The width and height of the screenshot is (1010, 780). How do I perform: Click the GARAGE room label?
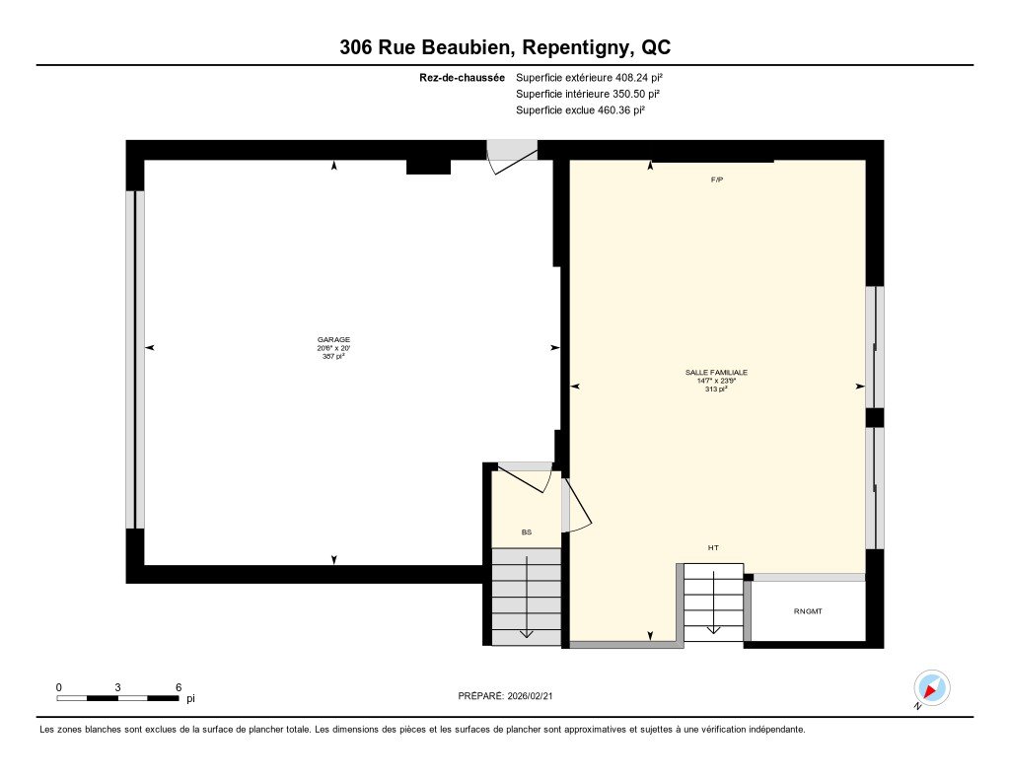click(x=333, y=339)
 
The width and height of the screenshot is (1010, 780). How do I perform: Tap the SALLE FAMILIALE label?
click(x=716, y=372)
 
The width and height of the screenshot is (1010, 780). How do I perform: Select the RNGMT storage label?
click(x=808, y=611)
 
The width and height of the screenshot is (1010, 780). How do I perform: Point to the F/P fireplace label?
click(x=717, y=180)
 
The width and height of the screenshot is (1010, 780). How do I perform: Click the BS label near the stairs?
click(x=527, y=532)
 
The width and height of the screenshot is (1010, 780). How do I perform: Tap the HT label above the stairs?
click(x=713, y=547)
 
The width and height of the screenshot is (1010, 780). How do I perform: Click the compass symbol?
click(x=931, y=688)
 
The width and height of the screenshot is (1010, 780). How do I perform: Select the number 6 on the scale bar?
click(x=179, y=686)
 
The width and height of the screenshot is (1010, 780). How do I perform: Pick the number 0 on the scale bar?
click(x=58, y=686)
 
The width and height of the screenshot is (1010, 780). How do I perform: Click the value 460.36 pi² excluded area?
click(x=620, y=110)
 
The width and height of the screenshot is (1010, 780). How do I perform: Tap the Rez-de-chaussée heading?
click(x=462, y=77)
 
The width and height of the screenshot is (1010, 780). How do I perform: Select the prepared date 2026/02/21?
click(x=538, y=695)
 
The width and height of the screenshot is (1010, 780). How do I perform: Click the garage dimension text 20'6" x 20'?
click(x=333, y=348)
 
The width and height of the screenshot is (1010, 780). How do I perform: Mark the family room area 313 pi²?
click(x=716, y=389)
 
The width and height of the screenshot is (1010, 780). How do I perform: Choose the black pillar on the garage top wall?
click(x=428, y=167)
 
